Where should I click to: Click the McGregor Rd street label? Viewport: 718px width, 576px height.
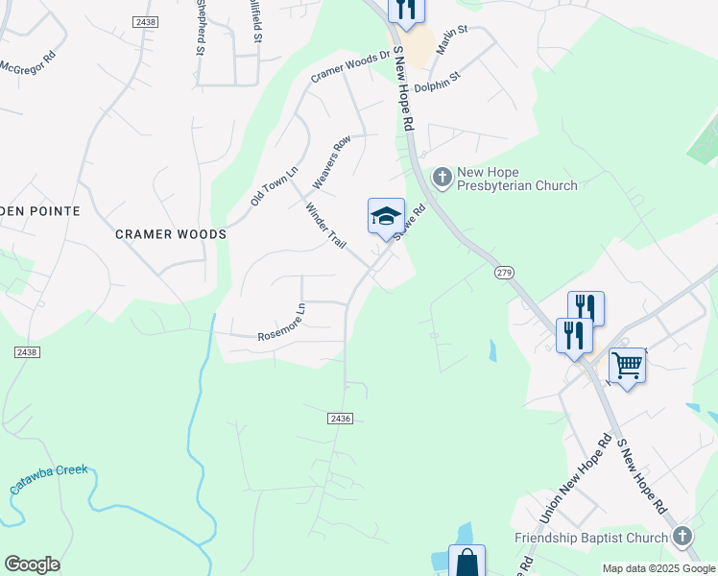30,69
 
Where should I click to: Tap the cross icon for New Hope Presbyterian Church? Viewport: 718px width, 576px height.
443,177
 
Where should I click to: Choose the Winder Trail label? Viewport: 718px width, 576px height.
325,227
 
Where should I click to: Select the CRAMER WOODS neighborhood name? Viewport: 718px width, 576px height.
171,234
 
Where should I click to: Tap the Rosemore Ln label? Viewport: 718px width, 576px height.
281,327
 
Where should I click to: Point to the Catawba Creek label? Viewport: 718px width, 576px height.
48,478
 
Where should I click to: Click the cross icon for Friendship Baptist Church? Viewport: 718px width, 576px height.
682,537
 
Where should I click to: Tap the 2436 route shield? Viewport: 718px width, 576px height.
340,419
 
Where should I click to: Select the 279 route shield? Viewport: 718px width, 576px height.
505,274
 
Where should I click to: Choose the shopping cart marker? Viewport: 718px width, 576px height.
627,365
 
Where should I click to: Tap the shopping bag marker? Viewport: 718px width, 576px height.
467,562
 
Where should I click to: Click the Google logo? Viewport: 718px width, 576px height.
32,564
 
